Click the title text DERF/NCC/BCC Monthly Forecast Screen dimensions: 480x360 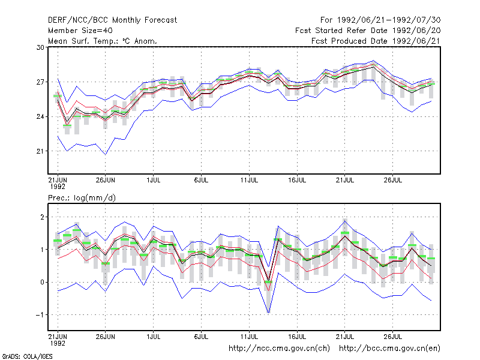[112, 20]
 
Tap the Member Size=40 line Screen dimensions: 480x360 [80, 31]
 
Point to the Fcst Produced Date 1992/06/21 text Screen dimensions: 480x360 [376, 41]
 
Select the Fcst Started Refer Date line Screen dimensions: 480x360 [368, 31]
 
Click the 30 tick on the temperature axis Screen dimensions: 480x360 [40, 47]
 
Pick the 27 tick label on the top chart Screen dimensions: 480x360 [40, 82]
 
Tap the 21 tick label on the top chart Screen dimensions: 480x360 [40, 151]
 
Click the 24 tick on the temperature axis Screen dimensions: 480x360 [40, 116]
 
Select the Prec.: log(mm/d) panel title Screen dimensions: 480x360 [82, 198]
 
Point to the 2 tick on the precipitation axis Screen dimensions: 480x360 [42, 217]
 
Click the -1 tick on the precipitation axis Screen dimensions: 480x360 [40, 315]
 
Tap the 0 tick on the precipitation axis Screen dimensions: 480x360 [42, 282]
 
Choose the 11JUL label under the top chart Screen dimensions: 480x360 [249, 180]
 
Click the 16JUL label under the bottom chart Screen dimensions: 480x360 [297, 337]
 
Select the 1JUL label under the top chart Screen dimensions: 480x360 [154, 180]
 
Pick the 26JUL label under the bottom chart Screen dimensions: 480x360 [393, 337]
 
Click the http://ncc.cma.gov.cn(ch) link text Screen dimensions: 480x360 [279, 349]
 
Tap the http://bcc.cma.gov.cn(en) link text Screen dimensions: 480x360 [389, 349]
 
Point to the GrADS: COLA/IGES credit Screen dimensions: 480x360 [27, 356]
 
